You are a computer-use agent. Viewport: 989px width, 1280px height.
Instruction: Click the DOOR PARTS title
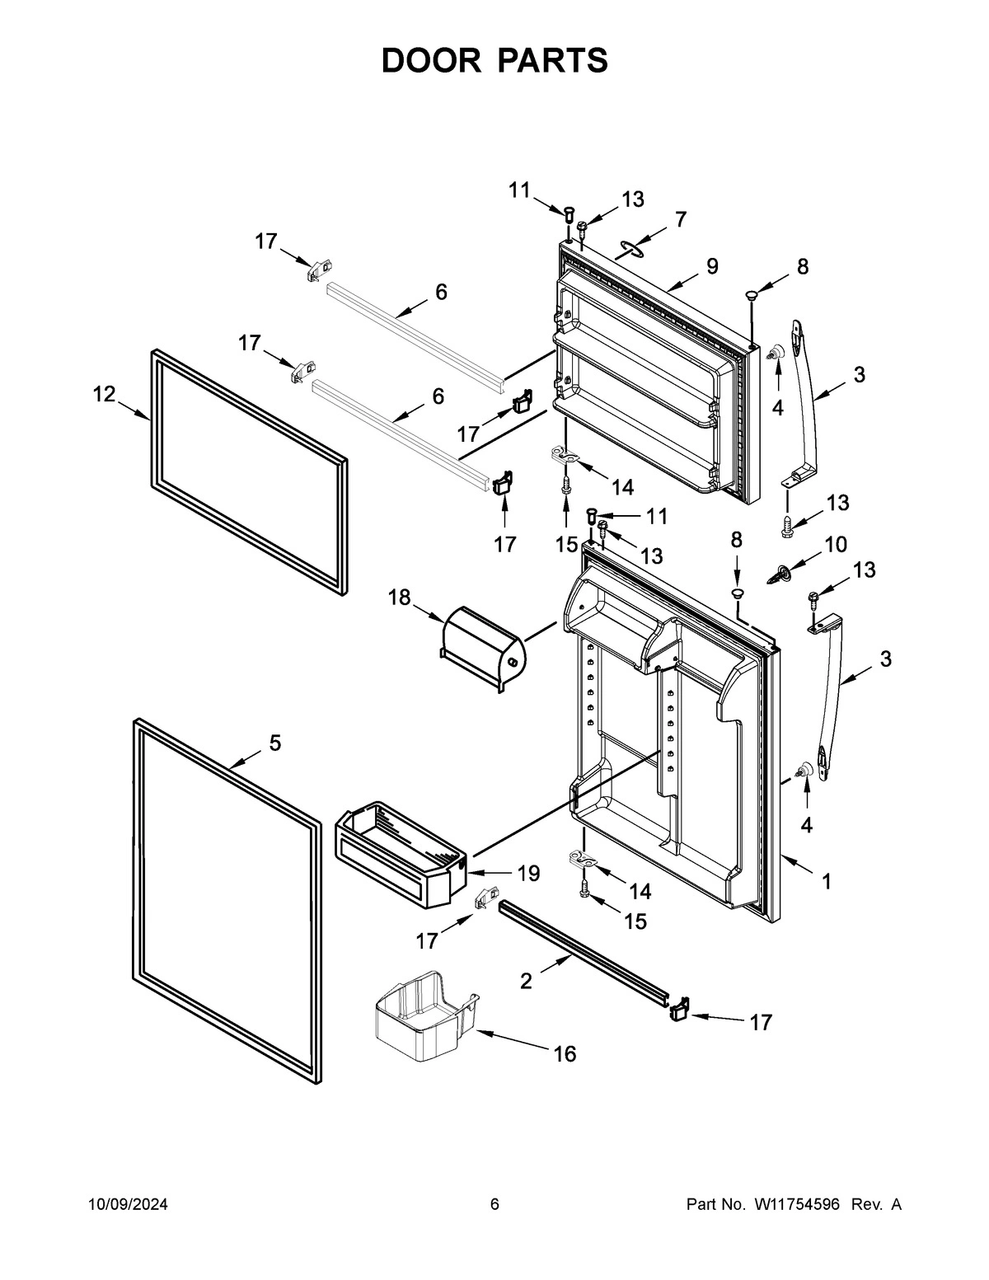tap(494, 61)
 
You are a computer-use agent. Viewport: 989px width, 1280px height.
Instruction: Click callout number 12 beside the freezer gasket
tap(104, 395)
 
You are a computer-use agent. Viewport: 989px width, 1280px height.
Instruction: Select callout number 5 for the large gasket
tap(274, 743)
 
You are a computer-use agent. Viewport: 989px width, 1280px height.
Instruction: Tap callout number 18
tap(400, 597)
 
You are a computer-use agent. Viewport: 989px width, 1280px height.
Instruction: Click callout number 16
tap(565, 1053)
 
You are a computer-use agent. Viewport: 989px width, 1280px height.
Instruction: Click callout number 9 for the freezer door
tap(712, 266)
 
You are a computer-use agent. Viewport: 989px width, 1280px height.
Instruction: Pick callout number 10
tap(835, 544)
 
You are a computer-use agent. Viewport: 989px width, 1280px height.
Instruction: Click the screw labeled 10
tap(780, 573)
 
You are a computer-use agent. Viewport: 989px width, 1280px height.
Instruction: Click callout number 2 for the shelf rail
tap(526, 981)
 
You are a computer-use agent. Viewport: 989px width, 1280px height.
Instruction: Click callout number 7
tap(680, 219)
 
